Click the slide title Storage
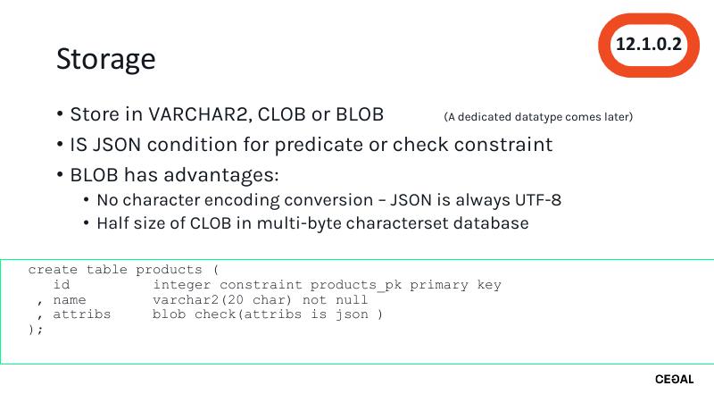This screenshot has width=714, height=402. [x=105, y=59]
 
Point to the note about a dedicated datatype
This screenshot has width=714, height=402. [x=538, y=117]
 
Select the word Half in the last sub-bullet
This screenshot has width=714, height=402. [x=115, y=223]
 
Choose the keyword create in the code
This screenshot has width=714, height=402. [x=53, y=270]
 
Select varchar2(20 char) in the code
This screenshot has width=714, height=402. [x=223, y=300]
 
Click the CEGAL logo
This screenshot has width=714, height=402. [x=674, y=380]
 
